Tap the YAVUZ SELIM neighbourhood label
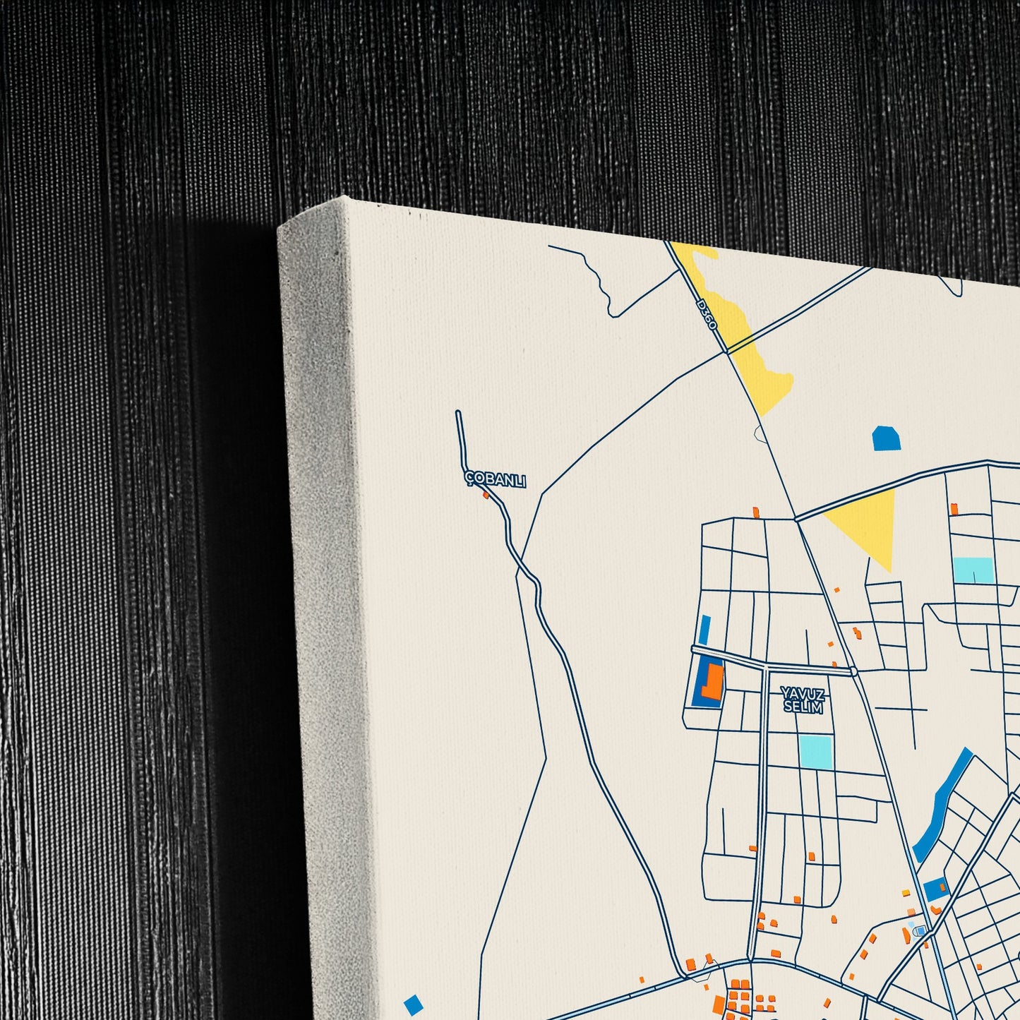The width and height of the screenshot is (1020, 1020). point(803,700)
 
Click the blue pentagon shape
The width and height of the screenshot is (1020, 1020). point(887,439)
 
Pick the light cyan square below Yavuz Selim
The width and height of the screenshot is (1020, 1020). point(816,752)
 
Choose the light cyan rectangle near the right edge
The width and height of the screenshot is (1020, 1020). point(973,570)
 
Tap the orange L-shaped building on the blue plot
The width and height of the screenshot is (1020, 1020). point(714,683)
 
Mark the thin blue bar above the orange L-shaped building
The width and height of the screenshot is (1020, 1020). point(704,630)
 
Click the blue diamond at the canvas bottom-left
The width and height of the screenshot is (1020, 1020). point(414,1004)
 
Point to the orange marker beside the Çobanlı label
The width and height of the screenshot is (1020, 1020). point(486,496)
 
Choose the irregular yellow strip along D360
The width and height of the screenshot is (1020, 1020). point(748,332)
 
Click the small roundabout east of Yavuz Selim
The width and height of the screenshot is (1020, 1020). point(853,671)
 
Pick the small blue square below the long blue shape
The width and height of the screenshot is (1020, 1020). point(935,889)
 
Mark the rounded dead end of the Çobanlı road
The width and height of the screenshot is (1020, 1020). point(458,414)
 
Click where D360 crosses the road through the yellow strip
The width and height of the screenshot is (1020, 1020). point(726,351)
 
